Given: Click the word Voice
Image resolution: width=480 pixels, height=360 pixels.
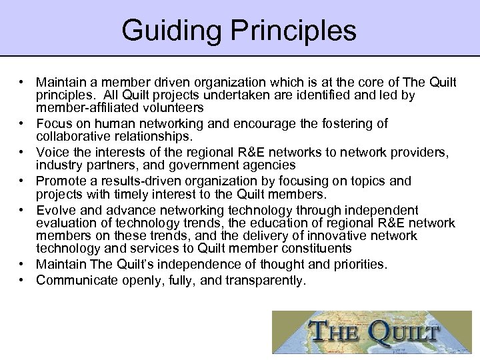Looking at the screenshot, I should tap(52, 153).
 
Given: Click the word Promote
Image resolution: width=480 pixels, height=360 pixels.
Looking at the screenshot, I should tap(60, 181).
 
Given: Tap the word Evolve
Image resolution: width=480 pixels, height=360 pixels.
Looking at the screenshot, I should tap(55, 210).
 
